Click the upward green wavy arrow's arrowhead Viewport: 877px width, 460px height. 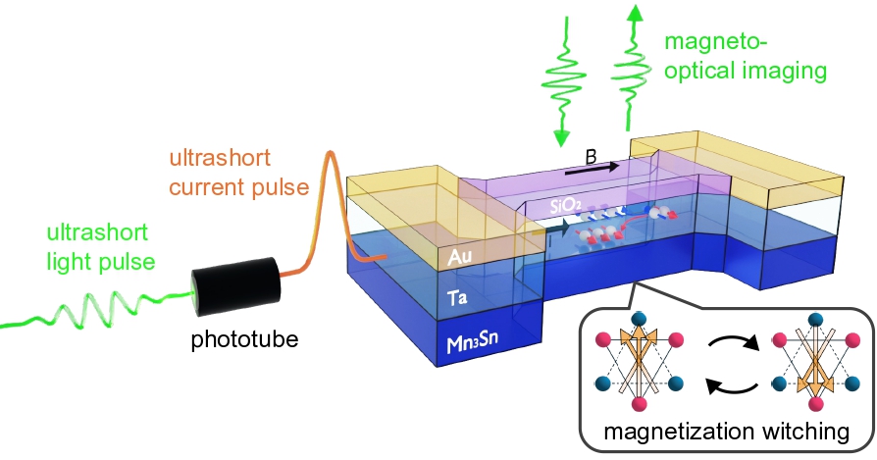coord(636,13)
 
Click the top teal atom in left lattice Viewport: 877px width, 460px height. coord(639,316)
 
